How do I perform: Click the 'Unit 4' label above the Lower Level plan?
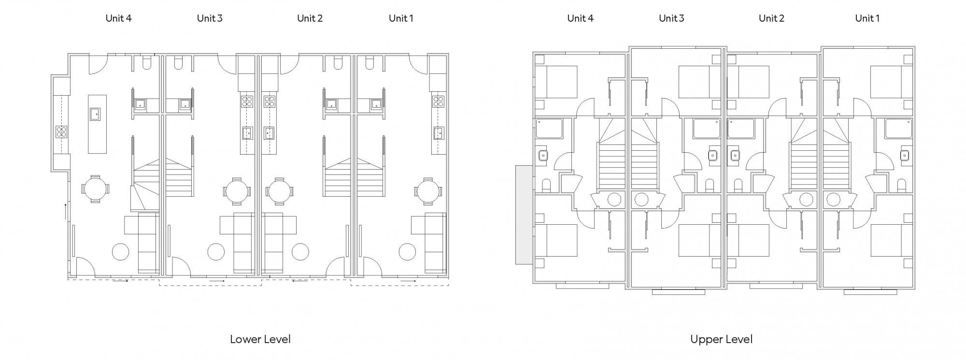[118, 18]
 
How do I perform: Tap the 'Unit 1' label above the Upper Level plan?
[867, 18]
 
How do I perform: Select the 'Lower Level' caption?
[260, 339]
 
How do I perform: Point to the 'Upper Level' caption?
[721, 339]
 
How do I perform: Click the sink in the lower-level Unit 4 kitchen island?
[95, 115]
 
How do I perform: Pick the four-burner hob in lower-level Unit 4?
[61, 131]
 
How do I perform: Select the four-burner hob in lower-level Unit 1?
[439, 101]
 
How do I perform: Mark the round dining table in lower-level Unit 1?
[428, 191]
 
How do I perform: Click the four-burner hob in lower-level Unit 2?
[270, 101]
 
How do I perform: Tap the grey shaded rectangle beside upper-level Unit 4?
[524, 215]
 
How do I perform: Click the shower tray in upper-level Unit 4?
[549, 129]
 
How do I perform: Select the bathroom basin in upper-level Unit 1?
[905, 155]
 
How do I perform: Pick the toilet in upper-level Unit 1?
[901, 186]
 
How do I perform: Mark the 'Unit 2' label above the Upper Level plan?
[771, 18]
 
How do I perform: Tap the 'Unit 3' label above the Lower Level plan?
[210, 18]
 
